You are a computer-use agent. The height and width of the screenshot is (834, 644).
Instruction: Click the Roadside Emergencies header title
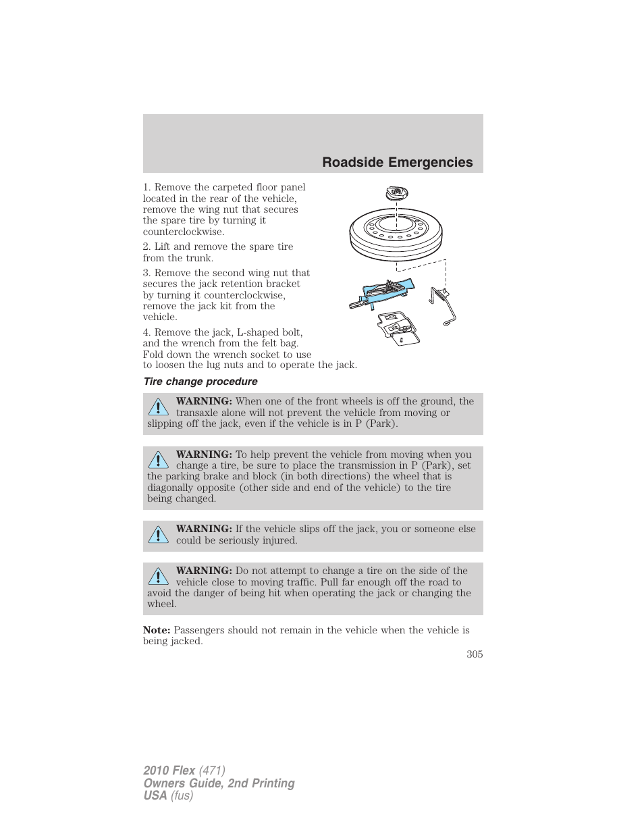click(x=397, y=162)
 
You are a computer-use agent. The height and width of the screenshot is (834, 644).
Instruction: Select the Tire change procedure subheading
click(x=200, y=382)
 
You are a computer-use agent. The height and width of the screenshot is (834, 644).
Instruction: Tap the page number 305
click(x=474, y=654)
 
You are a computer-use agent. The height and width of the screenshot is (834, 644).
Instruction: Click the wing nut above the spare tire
click(x=396, y=193)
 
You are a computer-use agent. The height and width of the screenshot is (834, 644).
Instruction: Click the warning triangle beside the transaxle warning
click(x=159, y=407)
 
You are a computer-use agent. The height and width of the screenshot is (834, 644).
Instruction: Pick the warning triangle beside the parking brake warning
click(x=159, y=460)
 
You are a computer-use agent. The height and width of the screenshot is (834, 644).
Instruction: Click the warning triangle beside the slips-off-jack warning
click(x=159, y=535)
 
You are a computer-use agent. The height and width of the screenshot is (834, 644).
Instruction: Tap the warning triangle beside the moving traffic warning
click(x=159, y=576)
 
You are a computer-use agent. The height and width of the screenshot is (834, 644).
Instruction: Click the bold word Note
click(x=156, y=630)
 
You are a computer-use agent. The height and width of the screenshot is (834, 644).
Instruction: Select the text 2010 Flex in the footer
click(x=169, y=771)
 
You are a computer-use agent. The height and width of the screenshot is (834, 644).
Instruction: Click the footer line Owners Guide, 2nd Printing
click(x=219, y=783)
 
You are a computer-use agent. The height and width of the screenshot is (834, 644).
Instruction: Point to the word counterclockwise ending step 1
click(x=183, y=232)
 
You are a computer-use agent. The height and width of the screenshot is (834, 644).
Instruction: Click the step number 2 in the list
click(x=146, y=246)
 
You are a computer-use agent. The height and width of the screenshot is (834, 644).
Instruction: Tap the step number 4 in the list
click(x=146, y=332)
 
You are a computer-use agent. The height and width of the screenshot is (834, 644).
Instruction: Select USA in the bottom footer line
click(x=155, y=796)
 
